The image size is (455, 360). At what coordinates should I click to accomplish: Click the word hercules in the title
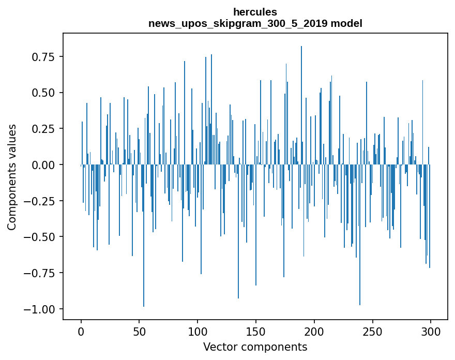255,12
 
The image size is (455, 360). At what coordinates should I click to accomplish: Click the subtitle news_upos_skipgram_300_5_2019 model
255,23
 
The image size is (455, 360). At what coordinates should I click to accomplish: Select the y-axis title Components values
11,177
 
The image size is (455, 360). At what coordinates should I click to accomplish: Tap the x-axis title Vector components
255,347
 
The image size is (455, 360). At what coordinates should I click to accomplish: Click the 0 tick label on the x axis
81,332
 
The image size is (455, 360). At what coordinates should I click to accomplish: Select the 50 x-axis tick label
139,332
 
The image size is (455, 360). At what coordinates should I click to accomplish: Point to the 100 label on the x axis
198,332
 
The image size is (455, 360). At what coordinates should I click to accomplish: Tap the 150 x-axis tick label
256,332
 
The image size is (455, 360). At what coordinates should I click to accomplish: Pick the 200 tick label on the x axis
314,332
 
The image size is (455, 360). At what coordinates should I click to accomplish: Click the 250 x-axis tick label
372,332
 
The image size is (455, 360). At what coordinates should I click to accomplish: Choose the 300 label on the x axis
431,332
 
